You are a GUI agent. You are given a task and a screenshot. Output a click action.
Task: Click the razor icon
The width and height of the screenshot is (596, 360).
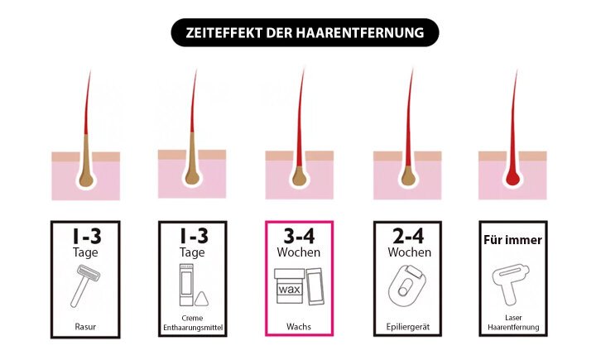(85, 286)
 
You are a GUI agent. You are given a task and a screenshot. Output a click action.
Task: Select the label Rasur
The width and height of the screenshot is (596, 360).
(85, 327)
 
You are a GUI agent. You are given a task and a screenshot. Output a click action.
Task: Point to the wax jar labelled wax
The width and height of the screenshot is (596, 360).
(289, 286)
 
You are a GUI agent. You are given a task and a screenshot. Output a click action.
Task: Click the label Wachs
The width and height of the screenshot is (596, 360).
(299, 327)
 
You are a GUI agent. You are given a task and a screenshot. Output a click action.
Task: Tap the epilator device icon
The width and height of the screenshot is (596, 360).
(407, 286)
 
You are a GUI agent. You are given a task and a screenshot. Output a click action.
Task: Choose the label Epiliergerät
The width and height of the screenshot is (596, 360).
(408, 327)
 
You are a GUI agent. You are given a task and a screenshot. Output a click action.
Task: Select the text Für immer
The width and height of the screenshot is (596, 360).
(512, 240)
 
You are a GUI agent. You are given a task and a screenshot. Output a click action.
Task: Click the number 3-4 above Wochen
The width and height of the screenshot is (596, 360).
(299, 237)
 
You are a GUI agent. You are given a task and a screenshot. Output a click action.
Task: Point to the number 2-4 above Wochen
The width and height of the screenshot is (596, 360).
(408, 237)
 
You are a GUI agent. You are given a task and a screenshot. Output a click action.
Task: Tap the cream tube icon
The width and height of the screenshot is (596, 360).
(186, 286)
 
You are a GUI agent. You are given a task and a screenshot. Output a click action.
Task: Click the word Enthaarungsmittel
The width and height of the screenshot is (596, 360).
(193, 327)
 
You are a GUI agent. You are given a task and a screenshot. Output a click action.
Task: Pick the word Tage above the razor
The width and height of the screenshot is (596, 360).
(85, 252)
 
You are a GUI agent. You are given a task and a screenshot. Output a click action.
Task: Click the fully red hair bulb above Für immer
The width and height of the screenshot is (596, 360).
(512, 177)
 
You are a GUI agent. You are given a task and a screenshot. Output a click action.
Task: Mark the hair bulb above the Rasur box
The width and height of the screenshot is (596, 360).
(86, 179)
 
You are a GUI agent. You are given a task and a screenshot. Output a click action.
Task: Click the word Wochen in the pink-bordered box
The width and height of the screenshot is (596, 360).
(299, 252)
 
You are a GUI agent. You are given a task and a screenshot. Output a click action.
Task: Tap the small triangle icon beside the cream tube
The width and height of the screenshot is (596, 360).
(201, 299)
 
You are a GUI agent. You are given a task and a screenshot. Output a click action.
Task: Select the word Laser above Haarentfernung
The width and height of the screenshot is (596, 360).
(513, 318)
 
